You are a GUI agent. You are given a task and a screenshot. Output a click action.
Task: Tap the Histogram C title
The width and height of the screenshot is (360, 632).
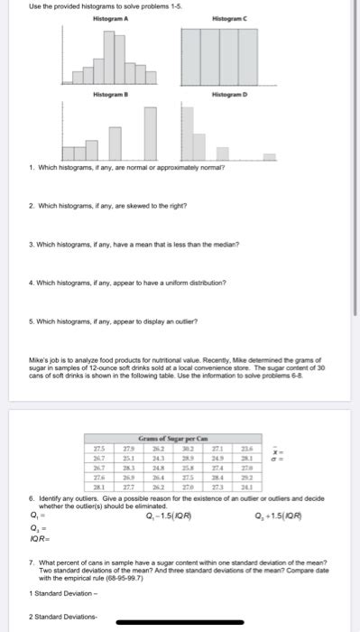coord(224,18)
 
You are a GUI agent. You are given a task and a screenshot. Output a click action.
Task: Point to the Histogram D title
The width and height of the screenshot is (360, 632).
coord(224,95)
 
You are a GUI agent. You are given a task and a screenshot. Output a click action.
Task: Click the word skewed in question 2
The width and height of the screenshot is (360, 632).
coord(126,205)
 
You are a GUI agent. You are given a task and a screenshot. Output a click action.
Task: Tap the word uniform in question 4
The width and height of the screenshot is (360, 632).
coord(165,282)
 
